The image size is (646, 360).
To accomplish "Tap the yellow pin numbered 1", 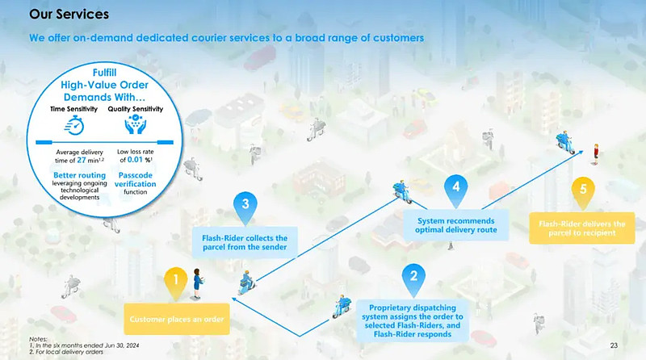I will tap(171, 281).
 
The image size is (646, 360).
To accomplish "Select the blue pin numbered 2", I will tap(413, 276).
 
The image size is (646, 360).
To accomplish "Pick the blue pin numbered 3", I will tap(245, 203).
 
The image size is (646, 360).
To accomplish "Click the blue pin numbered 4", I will tap(456, 187).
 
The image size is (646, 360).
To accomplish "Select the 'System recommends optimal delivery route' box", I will tap(457, 225).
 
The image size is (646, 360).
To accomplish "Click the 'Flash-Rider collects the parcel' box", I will tap(244, 241).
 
